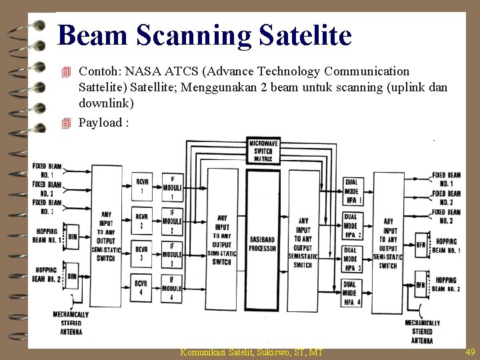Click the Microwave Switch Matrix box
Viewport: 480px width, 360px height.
point(264,151)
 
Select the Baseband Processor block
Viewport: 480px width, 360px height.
point(263,243)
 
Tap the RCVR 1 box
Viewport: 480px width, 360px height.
point(142,186)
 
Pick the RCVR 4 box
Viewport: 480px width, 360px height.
point(142,288)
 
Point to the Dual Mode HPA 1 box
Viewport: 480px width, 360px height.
point(352,191)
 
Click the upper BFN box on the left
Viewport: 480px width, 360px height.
point(72,236)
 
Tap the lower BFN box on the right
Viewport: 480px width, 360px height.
point(421,286)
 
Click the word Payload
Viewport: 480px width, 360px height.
point(100,122)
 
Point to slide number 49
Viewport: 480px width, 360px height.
point(470,352)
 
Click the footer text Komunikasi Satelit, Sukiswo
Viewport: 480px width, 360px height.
point(251,352)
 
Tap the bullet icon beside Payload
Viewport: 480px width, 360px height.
point(65,123)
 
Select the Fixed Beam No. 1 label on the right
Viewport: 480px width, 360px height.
point(446,179)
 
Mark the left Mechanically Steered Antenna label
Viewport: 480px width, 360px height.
point(71,323)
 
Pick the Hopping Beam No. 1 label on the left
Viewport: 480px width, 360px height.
point(47,235)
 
